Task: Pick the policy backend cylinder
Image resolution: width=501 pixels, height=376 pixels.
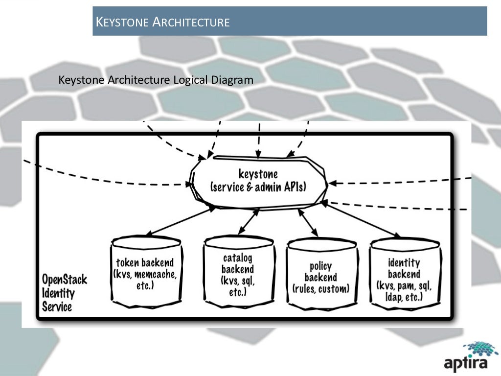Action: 320,273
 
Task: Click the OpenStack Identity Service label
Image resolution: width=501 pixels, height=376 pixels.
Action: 64,293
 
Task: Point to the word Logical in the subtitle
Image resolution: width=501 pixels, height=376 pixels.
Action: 190,79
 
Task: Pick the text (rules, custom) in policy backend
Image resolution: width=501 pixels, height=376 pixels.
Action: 320,289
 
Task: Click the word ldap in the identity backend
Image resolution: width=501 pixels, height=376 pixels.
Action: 386,297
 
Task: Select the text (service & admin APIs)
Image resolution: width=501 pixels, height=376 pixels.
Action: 258,187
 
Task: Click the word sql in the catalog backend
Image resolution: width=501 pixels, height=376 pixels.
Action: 247,281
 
